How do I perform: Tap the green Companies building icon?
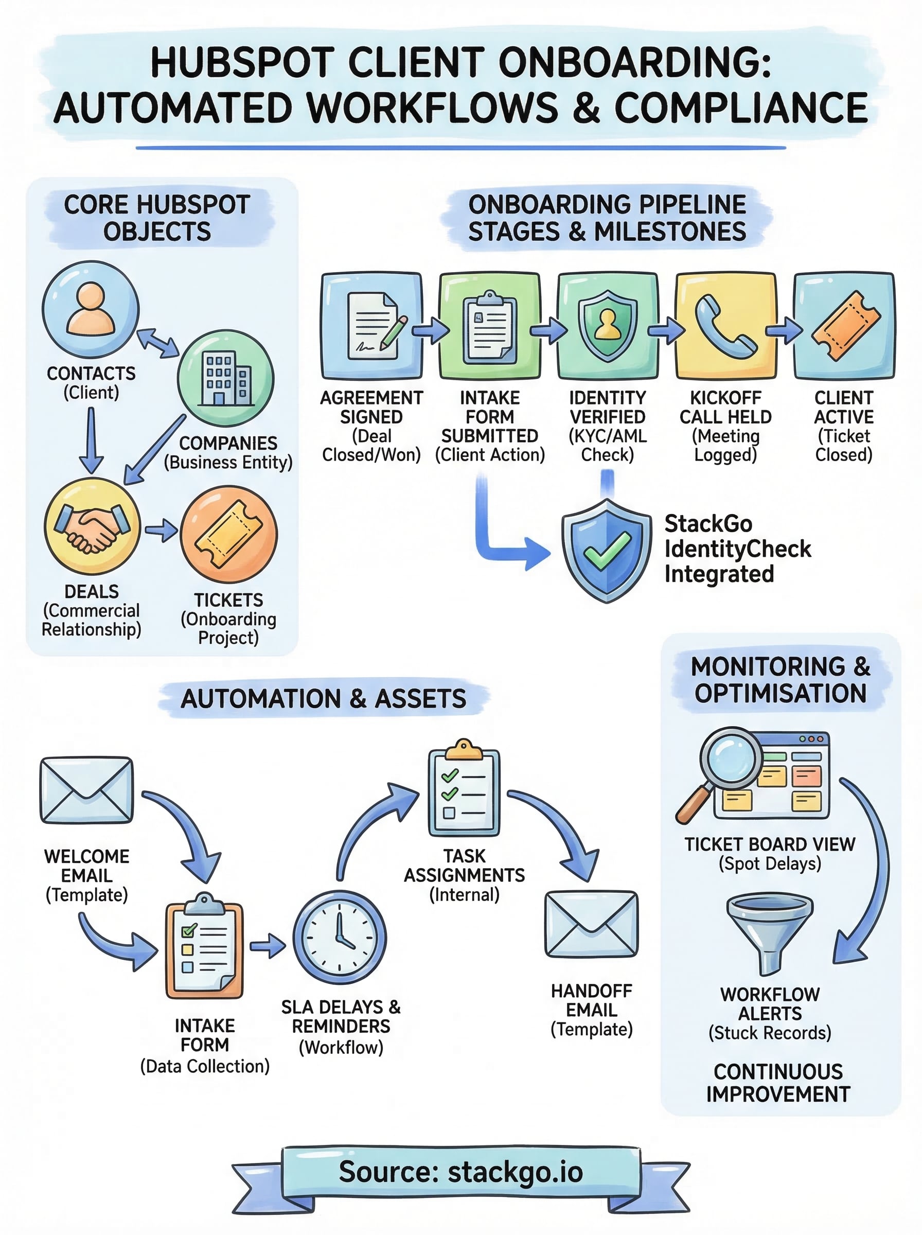coord(225,378)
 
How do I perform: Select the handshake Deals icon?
coord(92,526)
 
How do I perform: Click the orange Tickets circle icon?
coord(229,534)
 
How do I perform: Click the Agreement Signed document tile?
coord(371,325)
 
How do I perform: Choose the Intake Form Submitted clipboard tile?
coord(489,325)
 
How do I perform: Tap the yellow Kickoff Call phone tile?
coord(725,325)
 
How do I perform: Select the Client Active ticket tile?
coord(844,325)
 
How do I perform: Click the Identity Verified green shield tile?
coord(607,325)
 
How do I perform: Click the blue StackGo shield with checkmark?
coord(607,550)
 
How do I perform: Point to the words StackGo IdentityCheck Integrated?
coord(737,549)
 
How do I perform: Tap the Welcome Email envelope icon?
coord(86,790)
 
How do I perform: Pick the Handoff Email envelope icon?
coord(591,924)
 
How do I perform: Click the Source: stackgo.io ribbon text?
coord(461,1171)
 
